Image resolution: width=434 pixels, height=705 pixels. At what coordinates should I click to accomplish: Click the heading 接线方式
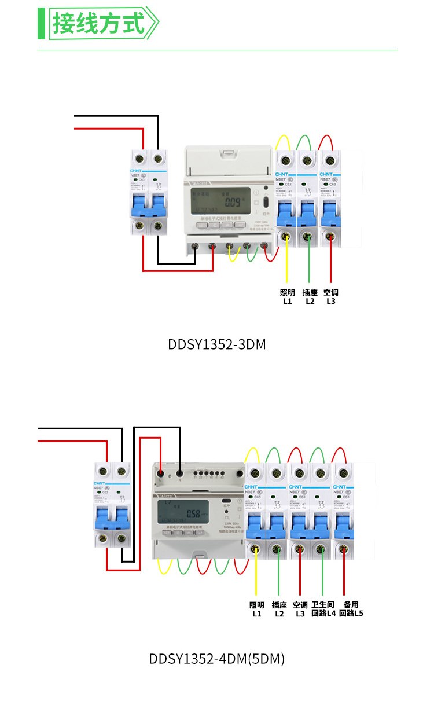click(98, 24)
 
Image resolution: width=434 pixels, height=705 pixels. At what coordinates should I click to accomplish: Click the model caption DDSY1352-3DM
click(216, 345)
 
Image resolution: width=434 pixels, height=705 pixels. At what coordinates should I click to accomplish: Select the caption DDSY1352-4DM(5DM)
click(216, 659)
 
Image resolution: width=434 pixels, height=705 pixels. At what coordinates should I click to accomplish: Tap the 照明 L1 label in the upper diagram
click(288, 297)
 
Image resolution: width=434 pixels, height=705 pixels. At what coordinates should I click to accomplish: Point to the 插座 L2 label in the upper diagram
click(310, 297)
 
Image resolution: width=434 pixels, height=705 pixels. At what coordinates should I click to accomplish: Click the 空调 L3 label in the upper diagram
click(331, 297)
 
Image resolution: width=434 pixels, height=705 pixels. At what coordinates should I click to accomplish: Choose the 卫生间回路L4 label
click(323, 609)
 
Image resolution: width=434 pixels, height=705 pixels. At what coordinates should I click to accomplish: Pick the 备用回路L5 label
click(351, 609)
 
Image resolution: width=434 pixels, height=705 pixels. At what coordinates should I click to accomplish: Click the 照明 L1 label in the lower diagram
click(256, 609)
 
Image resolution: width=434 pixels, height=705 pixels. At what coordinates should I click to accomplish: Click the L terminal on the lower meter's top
click(160, 474)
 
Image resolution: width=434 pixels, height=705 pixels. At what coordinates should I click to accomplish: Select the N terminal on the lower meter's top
click(180, 473)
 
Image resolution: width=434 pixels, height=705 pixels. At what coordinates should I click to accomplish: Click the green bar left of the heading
click(41, 24)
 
